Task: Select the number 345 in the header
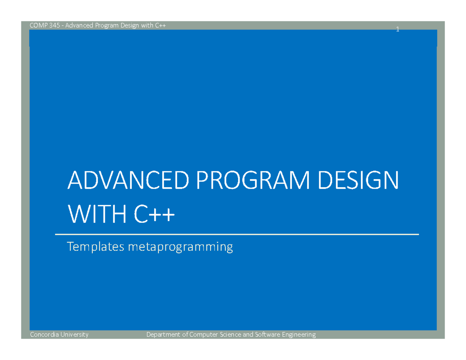pos(54,25)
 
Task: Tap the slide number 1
pos(398,29)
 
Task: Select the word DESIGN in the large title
pos(358,180)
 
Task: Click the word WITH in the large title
pos(97,214)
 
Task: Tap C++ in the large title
pos(155,214)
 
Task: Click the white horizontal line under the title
pos(237,234)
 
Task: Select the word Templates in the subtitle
pos(96,247)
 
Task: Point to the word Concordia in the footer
pos(44,334)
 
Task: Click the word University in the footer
pos(75,335)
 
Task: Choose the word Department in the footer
pos(163,335)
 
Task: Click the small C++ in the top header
pos(160,25)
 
